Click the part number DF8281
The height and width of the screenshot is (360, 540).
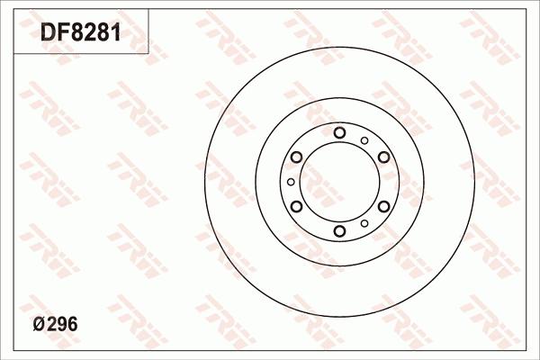pyautogui.click(x=81, y=32)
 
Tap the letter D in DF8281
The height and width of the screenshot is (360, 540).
pyautogui.click(x=48, y=32)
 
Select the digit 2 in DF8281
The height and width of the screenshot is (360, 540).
pyautogui.click(x=90, y=32)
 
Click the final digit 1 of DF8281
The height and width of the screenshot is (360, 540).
pyautogui.click(x=116, y=32)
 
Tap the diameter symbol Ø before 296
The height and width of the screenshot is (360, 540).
pyautogui.click(x=39, y=325)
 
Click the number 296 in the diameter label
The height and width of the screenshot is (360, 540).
pyautogui.click(x=62, y=325)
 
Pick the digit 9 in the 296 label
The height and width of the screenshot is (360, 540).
pyautogui.click(x=62, y=325)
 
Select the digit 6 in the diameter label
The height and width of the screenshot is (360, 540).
pyautogui.click(x=73, y=325)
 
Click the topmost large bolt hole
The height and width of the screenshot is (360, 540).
pyautogui.click(x=339, y=132)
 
